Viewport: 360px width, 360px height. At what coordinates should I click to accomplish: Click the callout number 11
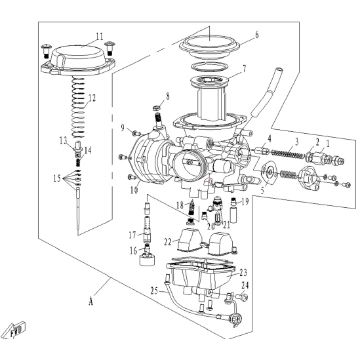pyautogui.click(x=100, y=36)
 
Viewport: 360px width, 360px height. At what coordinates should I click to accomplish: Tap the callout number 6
pyautogui.click(x=256, y=35)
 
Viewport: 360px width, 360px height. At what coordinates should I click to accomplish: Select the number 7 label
pyautogui.click(x=245, y=68)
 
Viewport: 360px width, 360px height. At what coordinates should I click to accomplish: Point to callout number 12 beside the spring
pyautogui.click(x=92, y=98)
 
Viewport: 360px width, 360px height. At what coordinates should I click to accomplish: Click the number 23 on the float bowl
pyautogui.click(x=243, y=273)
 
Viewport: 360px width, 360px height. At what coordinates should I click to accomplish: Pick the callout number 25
pyautogui.click(x=154, y=291)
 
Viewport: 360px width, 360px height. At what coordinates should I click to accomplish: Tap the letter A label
pyautogui.click(x=91, y=301)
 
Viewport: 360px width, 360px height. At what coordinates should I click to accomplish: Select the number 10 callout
pyautogui.click(x=134, y=190)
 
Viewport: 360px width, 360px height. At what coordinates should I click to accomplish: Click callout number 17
pyautogui.click(x=132, y=235)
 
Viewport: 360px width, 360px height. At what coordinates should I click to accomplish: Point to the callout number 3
pyautogui.click(x=296, y=142)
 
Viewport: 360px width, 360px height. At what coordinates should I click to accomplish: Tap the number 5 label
pyautogui.click(x=263, y=190)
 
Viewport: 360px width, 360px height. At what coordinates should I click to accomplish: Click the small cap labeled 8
pyautogui.click(x=156, y=108)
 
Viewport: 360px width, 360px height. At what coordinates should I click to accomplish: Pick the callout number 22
pyautogui.click(x=168, y=242)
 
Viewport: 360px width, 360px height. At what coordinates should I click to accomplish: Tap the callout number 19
pyautogui.click(x=245, y=201)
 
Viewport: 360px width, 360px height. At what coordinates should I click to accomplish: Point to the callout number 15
pyautogui.click(x=57, y=178)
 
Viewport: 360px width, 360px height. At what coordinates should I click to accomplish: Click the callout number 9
pyautogui.click(x=123, y=128)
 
